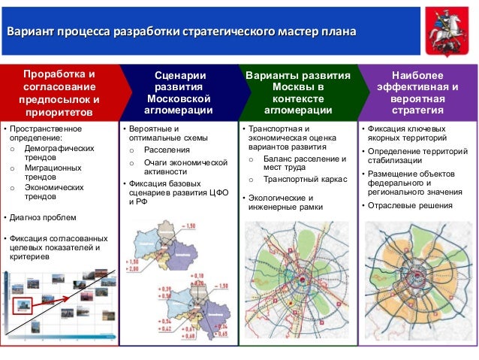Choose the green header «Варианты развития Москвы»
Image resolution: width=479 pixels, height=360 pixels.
tap(298, 94)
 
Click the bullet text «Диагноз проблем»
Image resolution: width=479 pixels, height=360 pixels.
tap(41, 218)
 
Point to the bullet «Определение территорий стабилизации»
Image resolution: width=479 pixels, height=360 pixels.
tap(417, 157)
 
